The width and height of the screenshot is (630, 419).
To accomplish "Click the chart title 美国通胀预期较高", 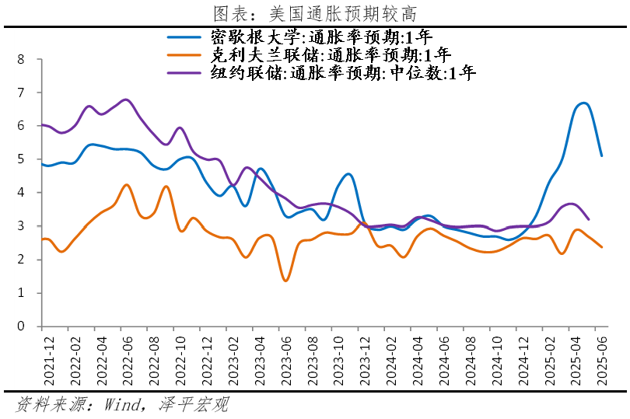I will [315, 13].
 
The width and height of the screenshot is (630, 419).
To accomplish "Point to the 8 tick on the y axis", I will [22, 59].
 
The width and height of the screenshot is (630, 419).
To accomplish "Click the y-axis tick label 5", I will [22, 159].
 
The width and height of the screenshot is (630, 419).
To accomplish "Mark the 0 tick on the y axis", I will [22, 326].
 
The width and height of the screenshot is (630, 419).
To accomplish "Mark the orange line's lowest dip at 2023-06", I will [285, 281].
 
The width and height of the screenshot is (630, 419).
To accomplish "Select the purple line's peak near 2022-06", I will [126, 100].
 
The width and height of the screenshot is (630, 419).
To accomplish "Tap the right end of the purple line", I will [588, 220].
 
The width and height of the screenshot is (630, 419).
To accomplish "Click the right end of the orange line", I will [601, 247].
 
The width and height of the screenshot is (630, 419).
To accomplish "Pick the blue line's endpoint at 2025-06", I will [601, 155].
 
